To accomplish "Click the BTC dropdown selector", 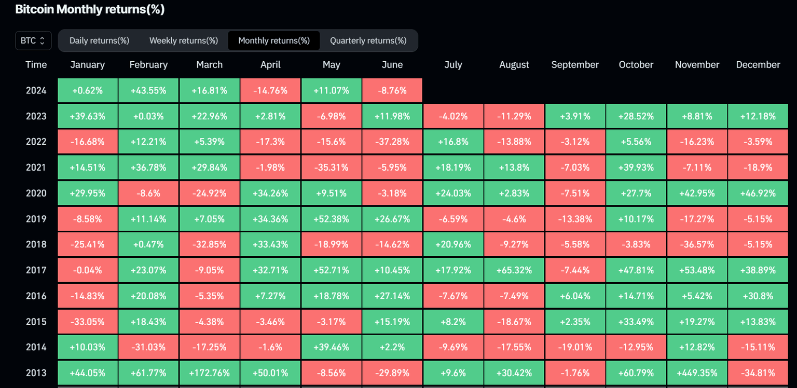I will tap(33, 40).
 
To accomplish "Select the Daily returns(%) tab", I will tap(99, 40).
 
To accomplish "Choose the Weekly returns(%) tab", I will tap(184, 40).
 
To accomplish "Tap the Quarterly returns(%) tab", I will tap(368, 40).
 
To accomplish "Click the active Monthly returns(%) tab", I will tap(274, 40).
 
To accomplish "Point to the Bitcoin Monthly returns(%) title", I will tap(90, 9).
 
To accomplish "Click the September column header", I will tap(575, 65).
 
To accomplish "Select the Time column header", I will tap(36, 65).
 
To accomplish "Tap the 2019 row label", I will tap(36, 219).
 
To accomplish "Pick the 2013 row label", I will tap(36, 373).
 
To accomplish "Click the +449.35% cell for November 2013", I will tap(697, 373).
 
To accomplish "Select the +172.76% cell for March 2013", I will tap(209, 373).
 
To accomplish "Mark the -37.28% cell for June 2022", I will tap(392, 142).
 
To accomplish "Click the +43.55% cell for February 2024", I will tap(148, 90).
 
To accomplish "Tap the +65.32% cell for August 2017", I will tap(514, 270).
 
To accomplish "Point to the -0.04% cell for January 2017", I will tap(88, 270).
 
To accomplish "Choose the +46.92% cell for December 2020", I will tap(758, 193).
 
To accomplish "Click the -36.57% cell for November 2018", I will tap(697, 244).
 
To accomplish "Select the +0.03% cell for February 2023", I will tap(148, 116).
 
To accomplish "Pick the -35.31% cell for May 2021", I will tap(331, 168).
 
